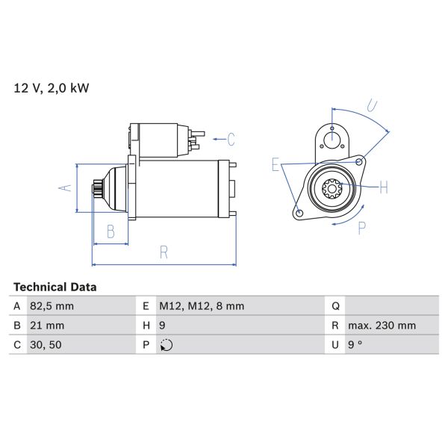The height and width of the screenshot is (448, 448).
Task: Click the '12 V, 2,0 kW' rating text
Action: tap(51, 88)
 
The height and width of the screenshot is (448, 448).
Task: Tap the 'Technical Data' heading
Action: tap(55, 287)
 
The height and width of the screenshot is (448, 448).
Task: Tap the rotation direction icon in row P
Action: tap(167, 345)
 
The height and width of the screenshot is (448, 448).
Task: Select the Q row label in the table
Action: tap(335, 306)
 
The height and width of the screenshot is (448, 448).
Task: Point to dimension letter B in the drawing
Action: tap(111, 232)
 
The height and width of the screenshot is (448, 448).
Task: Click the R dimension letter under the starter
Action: tap(164, 252)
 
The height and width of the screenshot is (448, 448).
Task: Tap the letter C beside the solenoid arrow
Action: tap(231, 138)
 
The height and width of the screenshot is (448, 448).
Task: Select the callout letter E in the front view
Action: tap(276, 165)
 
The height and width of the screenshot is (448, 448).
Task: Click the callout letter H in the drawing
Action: tap(383, 187)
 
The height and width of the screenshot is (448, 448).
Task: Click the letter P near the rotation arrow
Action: tap(361, 228)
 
